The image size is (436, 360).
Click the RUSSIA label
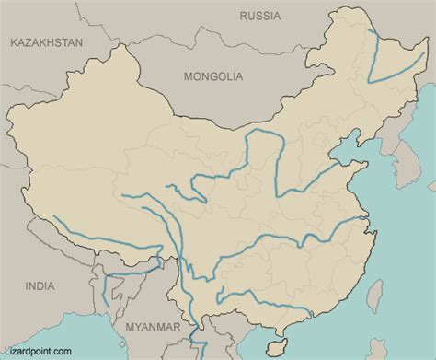point(260,16)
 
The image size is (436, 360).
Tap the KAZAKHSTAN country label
point(45,42)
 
